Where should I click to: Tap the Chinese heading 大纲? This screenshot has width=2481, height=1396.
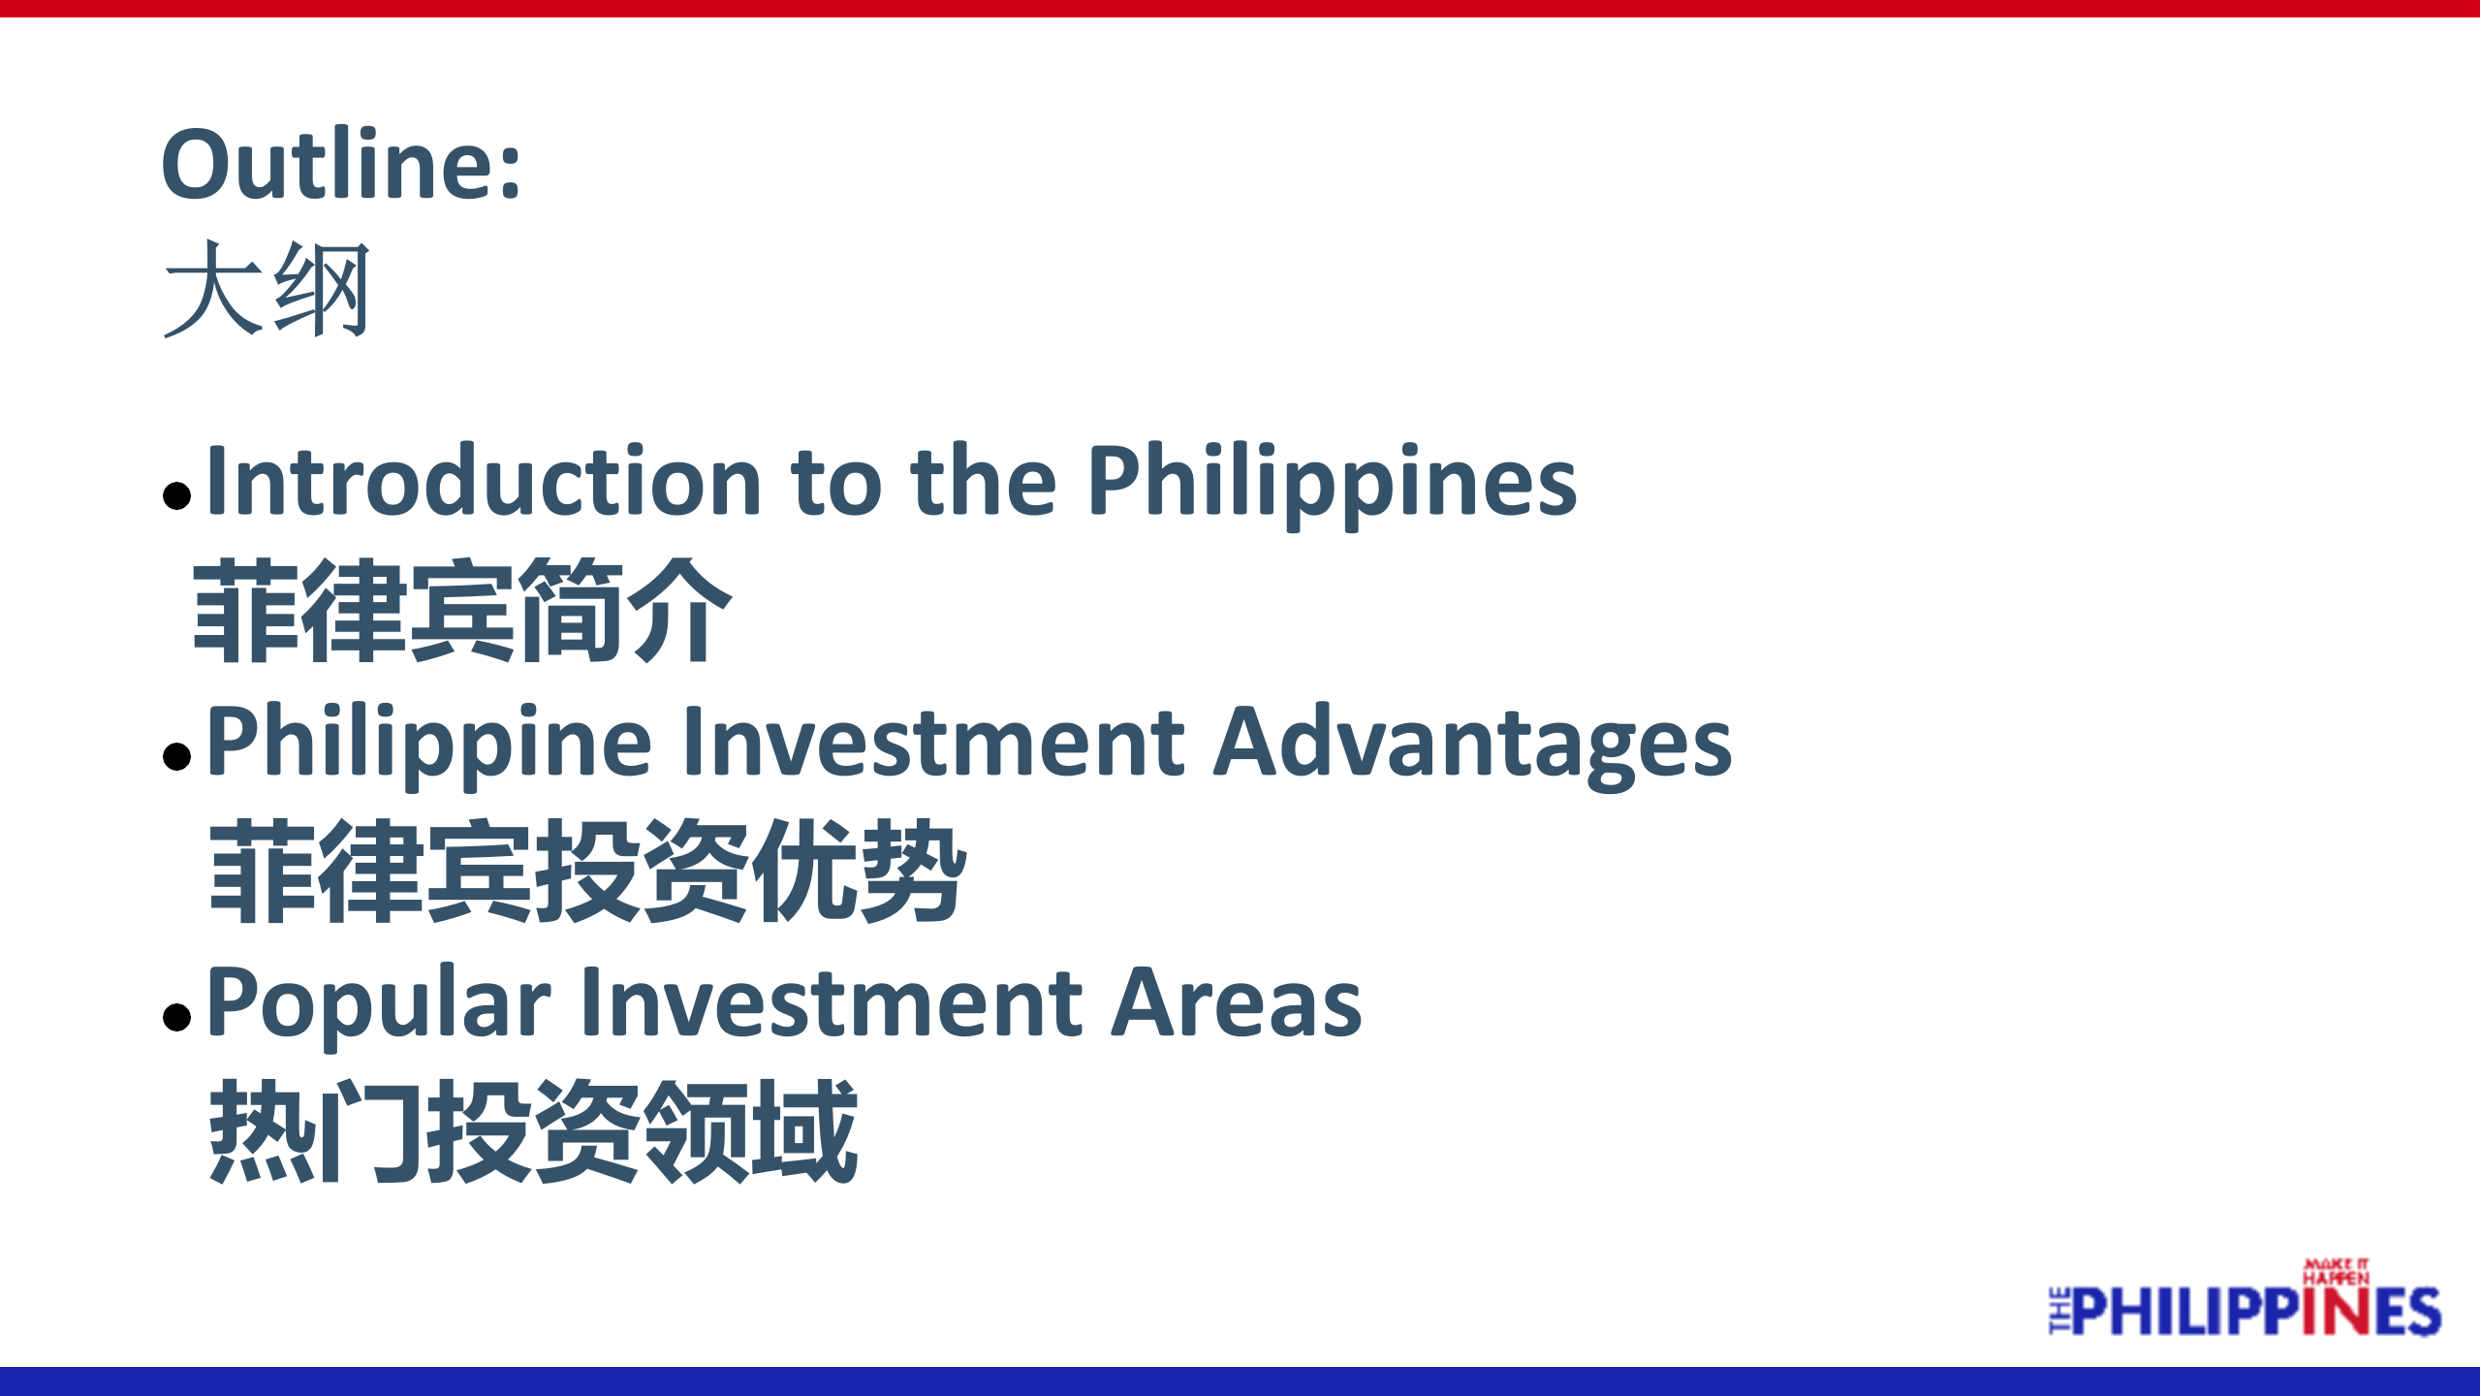[267, 289]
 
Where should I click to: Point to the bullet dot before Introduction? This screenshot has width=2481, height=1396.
[176, 495]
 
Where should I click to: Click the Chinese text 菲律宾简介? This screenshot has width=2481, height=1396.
[461, 611]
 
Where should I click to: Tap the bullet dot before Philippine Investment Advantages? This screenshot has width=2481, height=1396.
[176, 755]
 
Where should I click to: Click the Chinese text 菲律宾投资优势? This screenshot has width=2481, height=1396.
[587, 871]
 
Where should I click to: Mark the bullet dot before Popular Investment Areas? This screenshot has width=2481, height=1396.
[176, 1016]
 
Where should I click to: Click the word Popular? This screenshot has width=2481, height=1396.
[378, 1006]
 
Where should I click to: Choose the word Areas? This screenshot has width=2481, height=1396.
[1236, 1002]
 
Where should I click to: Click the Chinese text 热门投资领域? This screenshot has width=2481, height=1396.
[533, 1130]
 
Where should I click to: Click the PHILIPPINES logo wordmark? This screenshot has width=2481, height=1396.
[2245, 1311]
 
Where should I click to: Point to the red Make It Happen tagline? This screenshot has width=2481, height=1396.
[2336, 1271]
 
